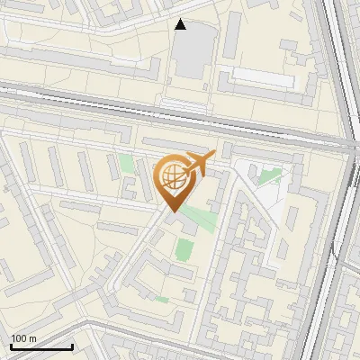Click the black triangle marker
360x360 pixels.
[x=181, y=24]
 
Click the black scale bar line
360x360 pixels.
[x=41, y=346]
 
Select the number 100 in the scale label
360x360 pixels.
[x=19, y=338]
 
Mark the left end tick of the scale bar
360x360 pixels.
[x=11, y=345]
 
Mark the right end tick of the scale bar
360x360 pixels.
[x=72, y=345]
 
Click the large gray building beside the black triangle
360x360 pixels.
[x=192, y=51]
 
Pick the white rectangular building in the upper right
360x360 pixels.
[x=263, y=76]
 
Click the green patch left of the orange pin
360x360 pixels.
[x=127, y=165]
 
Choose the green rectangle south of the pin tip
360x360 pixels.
[x=185, y=248]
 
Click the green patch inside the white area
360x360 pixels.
[x=270, y=175]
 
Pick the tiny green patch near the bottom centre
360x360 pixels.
[x=162, y=298]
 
